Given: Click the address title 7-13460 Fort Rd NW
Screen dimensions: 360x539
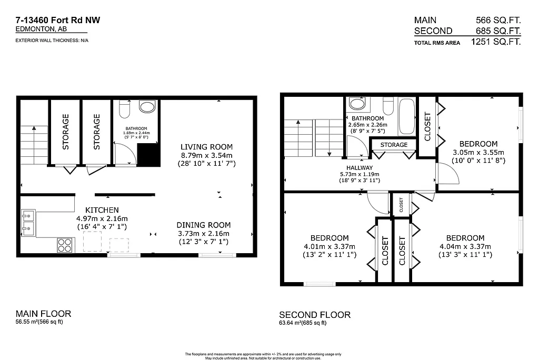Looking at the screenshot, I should click(58, 21).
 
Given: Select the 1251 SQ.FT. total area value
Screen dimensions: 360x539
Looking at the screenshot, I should click(495, 42).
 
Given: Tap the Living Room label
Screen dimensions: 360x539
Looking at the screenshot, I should click(206, 147).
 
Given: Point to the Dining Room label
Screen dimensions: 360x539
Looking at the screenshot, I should click(203, 225).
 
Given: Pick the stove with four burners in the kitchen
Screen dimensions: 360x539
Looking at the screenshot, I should click(65, 245).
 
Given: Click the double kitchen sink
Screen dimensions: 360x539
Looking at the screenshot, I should click(28, 222).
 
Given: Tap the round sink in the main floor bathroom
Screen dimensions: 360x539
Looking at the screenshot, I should click(147, 107).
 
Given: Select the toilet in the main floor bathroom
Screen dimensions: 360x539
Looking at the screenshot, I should click(125, 108).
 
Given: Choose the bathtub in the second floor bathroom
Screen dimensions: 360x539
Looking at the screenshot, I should click(406, 116).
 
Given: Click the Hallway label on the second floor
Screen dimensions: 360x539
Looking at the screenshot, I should click(360, 168).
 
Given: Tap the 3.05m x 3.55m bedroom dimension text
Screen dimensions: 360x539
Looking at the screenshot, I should click(478, 153).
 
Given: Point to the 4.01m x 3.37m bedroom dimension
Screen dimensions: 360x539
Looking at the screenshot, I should click(329, 246).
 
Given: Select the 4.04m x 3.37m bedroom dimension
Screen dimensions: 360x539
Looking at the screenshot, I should click(465, 246).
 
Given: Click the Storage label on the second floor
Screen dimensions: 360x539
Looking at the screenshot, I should click(394, 145).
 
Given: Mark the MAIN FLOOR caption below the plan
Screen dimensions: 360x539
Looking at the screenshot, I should click(43, 314).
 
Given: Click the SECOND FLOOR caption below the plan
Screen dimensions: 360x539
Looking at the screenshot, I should click(314, 315).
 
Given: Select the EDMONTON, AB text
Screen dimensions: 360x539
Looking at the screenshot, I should click(37, 30).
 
